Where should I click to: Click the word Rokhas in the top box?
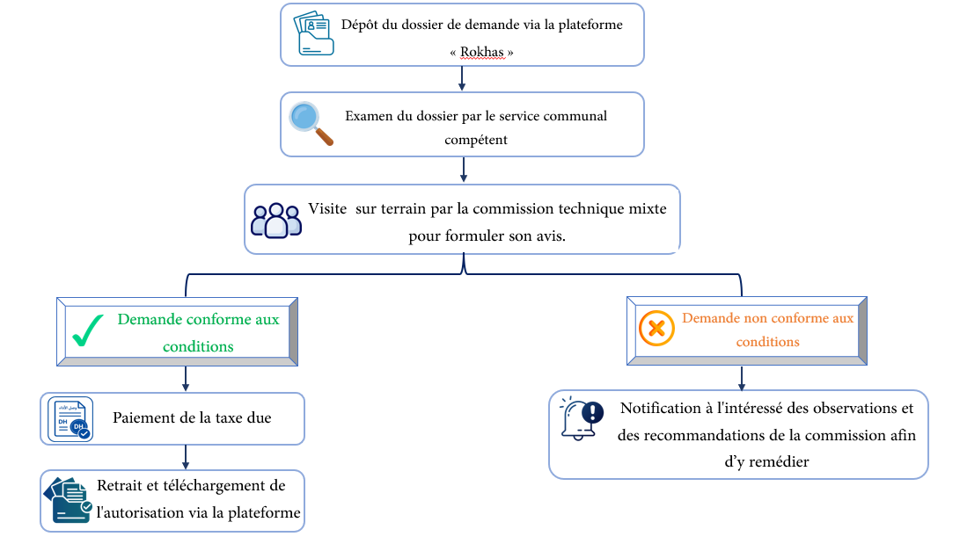(x=481, y=52)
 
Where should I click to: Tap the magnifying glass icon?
(x=311, y=123)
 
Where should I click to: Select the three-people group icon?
(x=275, y=221)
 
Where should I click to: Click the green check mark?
(x=88, y=330)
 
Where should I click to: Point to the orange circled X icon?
(x=656, y=328)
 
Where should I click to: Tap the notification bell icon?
(x=581, y=418)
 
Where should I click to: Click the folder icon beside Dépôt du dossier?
(x=314, y=33)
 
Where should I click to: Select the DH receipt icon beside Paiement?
(x=70, y=419)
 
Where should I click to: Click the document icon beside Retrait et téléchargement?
(x=68, y=500)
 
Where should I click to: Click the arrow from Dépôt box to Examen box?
(x=462, y=78)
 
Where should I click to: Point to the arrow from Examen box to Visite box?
(x=464, y=170)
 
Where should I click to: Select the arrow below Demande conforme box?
(x=186, y=378)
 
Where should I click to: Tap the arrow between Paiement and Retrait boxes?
(x=186, y=456)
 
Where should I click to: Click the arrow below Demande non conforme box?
(x=741, y=378)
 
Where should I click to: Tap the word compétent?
(x=476, y=140)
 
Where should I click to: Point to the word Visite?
(x=327, y=208)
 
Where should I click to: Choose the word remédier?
(x=779, y=461)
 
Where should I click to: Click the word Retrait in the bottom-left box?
(x=120, y=485)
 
